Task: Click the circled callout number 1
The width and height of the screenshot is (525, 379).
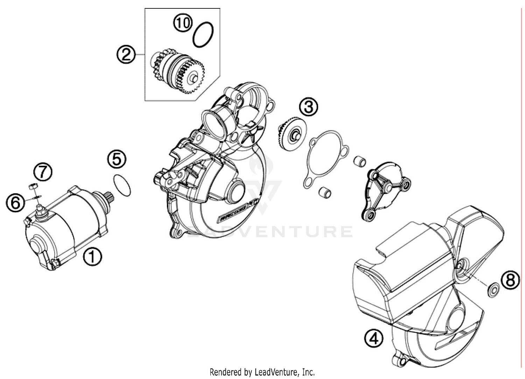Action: [92, 257]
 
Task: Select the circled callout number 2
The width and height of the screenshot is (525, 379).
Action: [126, 55]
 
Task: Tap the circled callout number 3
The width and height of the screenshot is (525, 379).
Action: [308, 107]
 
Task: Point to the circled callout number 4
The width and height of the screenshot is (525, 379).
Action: [374, 338]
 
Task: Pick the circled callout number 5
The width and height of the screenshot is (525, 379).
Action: [117, 159]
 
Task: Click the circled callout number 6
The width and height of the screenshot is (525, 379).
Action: [15, 203]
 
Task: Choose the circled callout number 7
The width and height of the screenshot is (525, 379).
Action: [43, 172]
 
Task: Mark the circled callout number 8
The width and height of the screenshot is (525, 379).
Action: [510, 280]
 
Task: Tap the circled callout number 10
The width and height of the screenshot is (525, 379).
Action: [183, 23]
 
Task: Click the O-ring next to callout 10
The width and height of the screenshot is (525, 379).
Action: [203, 35]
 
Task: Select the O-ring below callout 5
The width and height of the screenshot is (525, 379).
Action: [122, 185]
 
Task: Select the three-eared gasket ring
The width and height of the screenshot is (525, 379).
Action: [325, 159]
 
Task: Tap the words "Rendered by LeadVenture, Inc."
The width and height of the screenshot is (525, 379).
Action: [262, 372]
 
